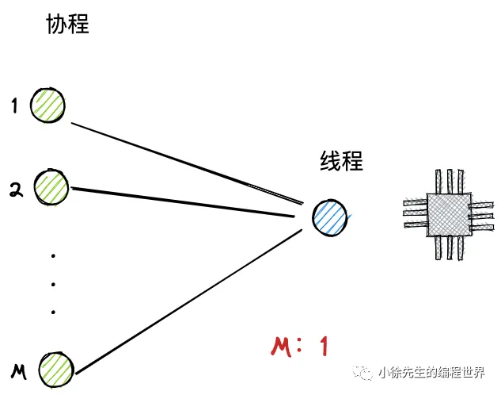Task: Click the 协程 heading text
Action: coord(67,24)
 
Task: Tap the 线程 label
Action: coord(342,160)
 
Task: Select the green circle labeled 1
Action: coord(48,105)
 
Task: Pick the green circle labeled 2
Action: coord(51,187)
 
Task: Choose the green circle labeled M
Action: coord(56,370)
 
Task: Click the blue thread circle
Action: coord(330,218)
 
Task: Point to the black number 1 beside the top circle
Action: coord(14,105)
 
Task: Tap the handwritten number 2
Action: coord(16,190)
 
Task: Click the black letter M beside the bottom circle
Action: coord(19,372)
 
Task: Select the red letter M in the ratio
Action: coord(281,347)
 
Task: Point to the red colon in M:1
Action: coord(299,345)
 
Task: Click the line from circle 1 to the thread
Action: coord(188,163)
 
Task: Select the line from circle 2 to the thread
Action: coord(183,202)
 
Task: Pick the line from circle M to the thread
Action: coord(188,301)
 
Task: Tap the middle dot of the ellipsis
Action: coord(53,284)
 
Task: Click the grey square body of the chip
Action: coord(449,214)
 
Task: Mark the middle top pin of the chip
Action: coord(450,181)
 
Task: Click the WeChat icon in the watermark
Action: coord(363,372)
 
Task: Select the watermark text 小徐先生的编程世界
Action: coord(431,372)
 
